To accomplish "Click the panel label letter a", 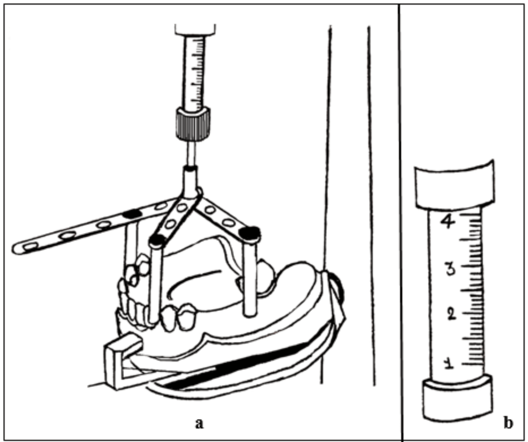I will coord(199,424).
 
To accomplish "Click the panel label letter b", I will coord(508,424).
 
